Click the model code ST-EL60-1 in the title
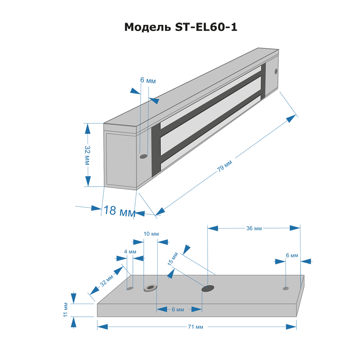point(206,27)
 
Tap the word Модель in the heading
point(148,27)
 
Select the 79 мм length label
point(225,166)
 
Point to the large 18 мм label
point(120,211)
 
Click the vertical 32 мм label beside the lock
point(87,155)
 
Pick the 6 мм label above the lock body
point(148,81)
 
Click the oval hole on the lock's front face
point(143,156)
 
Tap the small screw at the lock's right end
point(276,71)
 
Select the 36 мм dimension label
point(254,229)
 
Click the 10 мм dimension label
point(151,234)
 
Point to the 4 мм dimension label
point(130,252)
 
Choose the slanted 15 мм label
point(173,259)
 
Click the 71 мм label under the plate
point(195,327)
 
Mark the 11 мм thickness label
point(65,310)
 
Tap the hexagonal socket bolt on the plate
point(150,288)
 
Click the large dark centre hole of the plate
point(208,288)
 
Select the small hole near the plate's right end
point(285,288)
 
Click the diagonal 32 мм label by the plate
point(107,281)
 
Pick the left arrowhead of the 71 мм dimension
point(102,327)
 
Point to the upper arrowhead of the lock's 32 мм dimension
point(87,129)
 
